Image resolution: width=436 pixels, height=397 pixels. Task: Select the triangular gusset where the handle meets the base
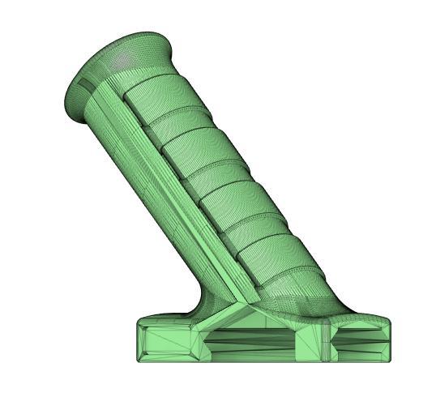tap(243, 312)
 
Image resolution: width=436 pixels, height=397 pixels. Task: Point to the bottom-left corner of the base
tap(138, 361)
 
